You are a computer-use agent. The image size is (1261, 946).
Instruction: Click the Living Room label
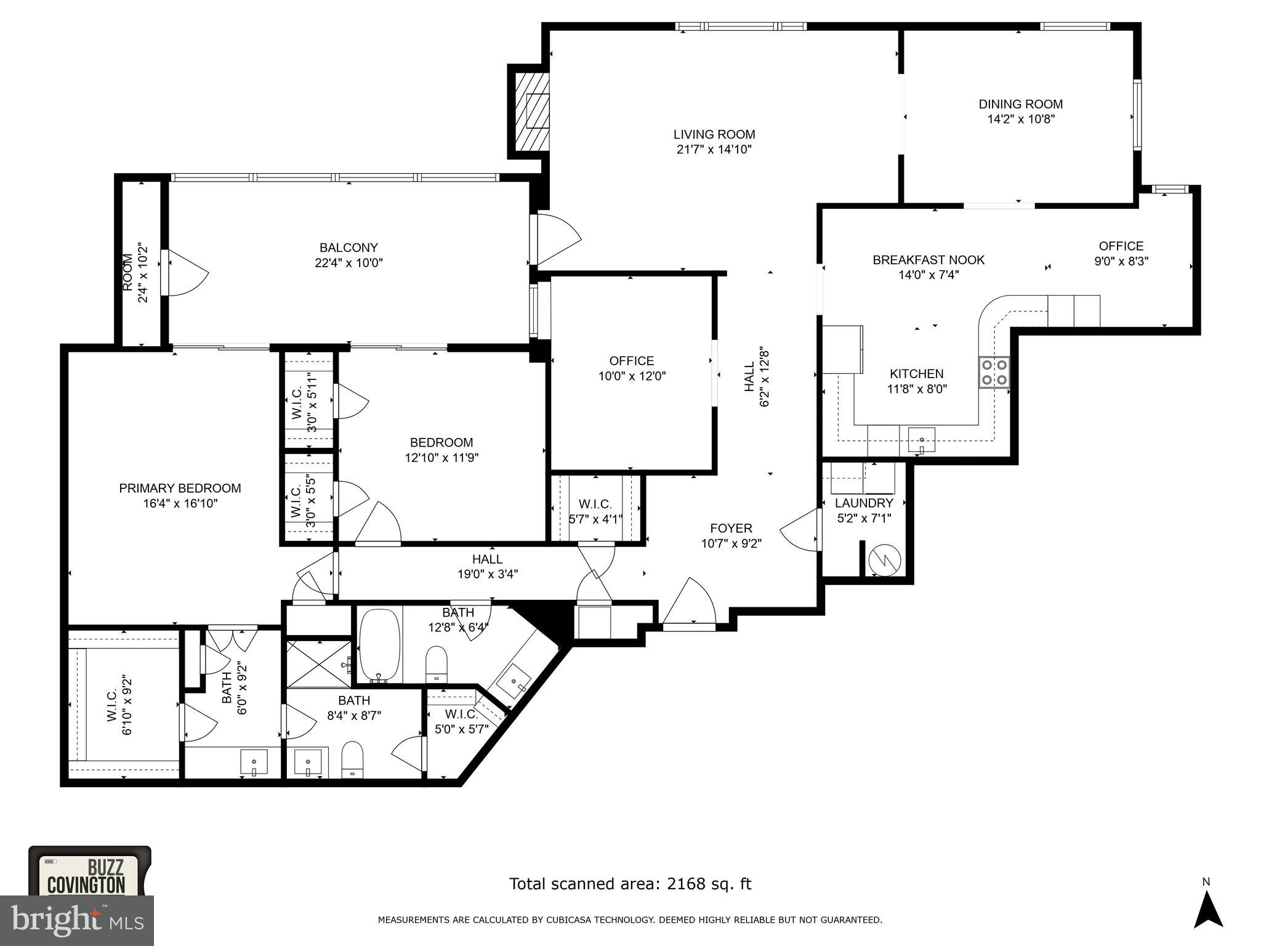pos(714,134)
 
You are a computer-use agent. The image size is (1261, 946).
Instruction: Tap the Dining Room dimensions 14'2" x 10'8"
pos(1021,119)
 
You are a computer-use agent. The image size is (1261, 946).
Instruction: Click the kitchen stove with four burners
pos(994,372)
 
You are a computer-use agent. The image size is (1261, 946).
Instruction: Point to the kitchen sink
pos(921,440)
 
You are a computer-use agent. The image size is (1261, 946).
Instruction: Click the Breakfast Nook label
pos(928,260)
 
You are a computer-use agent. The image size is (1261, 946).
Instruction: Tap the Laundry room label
pos(863,503)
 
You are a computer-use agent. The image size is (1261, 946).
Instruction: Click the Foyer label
pos(731,528)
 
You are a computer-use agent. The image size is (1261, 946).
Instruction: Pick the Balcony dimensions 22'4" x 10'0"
pos(348,263)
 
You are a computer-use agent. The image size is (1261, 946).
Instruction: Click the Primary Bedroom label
pos(180,488)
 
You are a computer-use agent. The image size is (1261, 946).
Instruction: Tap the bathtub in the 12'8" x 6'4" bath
pos(379,644)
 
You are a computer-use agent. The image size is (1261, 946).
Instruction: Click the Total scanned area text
pos(629,884)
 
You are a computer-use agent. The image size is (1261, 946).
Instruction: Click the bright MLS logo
pos(76,921)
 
